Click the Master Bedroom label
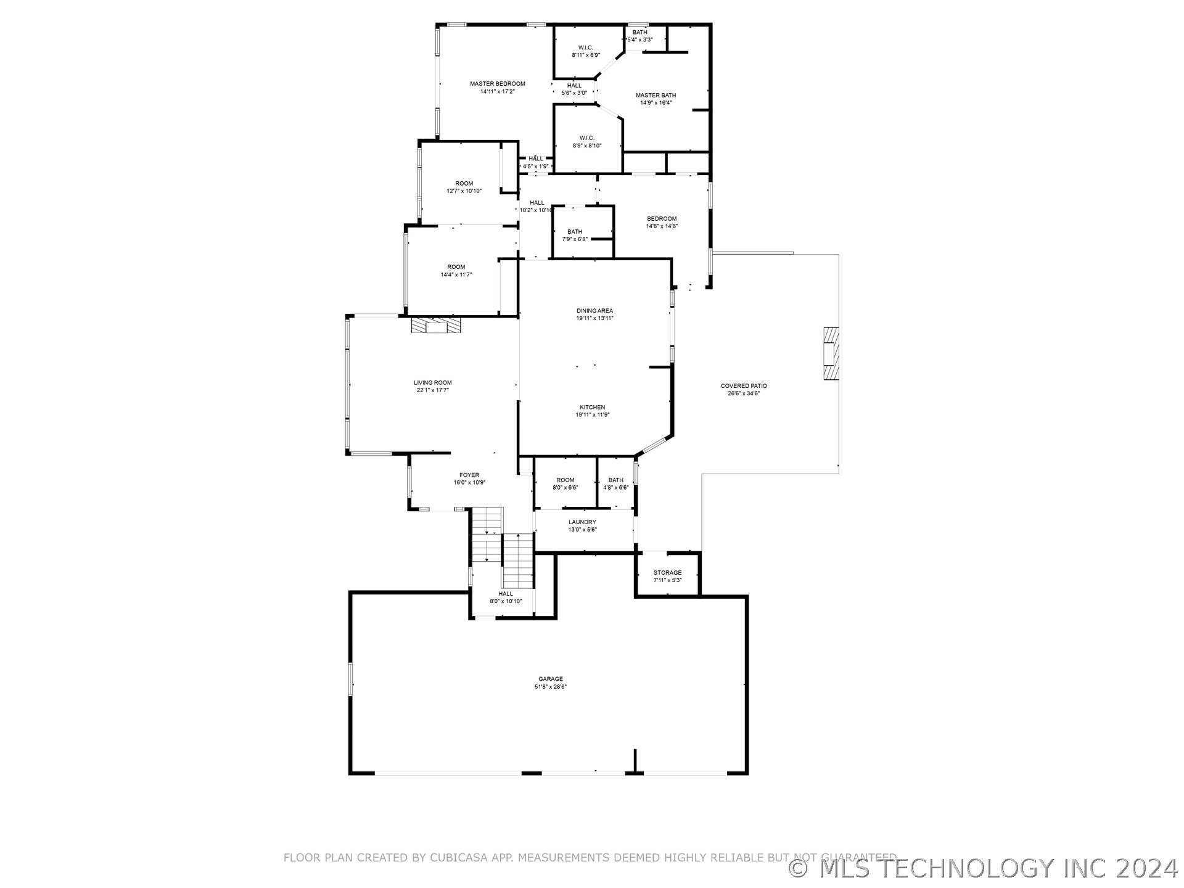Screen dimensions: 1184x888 pos(497,84)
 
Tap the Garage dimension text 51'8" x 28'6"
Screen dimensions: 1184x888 pos(550,686)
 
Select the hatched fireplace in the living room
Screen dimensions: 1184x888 pos(436,325)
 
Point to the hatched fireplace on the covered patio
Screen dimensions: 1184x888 pos(831,354)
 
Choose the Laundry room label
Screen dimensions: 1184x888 pos(582,522)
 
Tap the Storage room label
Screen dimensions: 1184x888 pos(668,573)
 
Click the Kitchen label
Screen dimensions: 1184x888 pos(592,408)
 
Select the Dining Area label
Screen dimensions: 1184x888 pos(594,311)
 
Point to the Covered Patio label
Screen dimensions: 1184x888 pos(744,386)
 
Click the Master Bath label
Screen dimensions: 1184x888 pos(656,96)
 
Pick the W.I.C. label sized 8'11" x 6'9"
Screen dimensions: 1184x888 pos(585,48)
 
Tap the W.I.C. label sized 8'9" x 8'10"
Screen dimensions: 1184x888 pos(586,138)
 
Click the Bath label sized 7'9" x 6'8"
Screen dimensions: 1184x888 pos(575,232)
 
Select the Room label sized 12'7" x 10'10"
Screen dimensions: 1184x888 pos(464,184)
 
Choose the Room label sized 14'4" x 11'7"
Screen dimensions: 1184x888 pos(456,267)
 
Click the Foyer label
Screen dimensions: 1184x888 pos(469,475)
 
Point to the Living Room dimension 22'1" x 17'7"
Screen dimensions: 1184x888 pos(433,390)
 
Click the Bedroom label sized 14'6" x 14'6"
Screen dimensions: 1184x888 pos(662,219)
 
